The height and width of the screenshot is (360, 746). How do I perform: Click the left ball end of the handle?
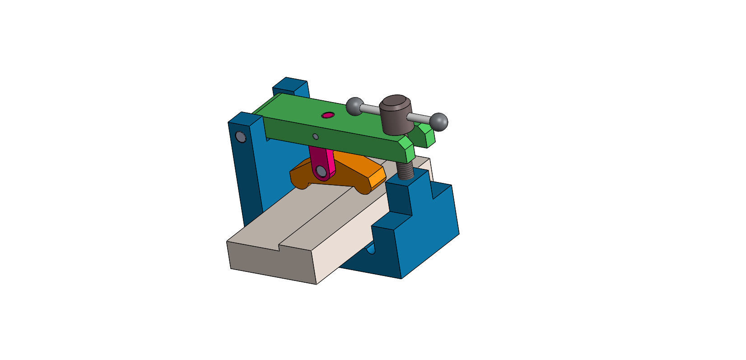coord(355,106)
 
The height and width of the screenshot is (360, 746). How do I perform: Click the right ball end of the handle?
coord(438,122)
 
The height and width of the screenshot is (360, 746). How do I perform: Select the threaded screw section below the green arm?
coord(405,170)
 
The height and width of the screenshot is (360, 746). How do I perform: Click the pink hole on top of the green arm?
coord(328,115)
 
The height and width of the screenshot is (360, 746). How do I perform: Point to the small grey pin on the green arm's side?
coord(316,136)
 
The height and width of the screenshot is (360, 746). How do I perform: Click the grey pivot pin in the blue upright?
coord(241,136)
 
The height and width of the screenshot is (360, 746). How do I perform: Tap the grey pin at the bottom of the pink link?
coord(322,171)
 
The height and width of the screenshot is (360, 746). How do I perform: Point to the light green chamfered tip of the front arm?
coord(408,150)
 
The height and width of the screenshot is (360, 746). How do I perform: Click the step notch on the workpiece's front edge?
coord(280,247)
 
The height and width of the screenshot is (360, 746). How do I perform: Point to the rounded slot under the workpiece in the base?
coord(371,249)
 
